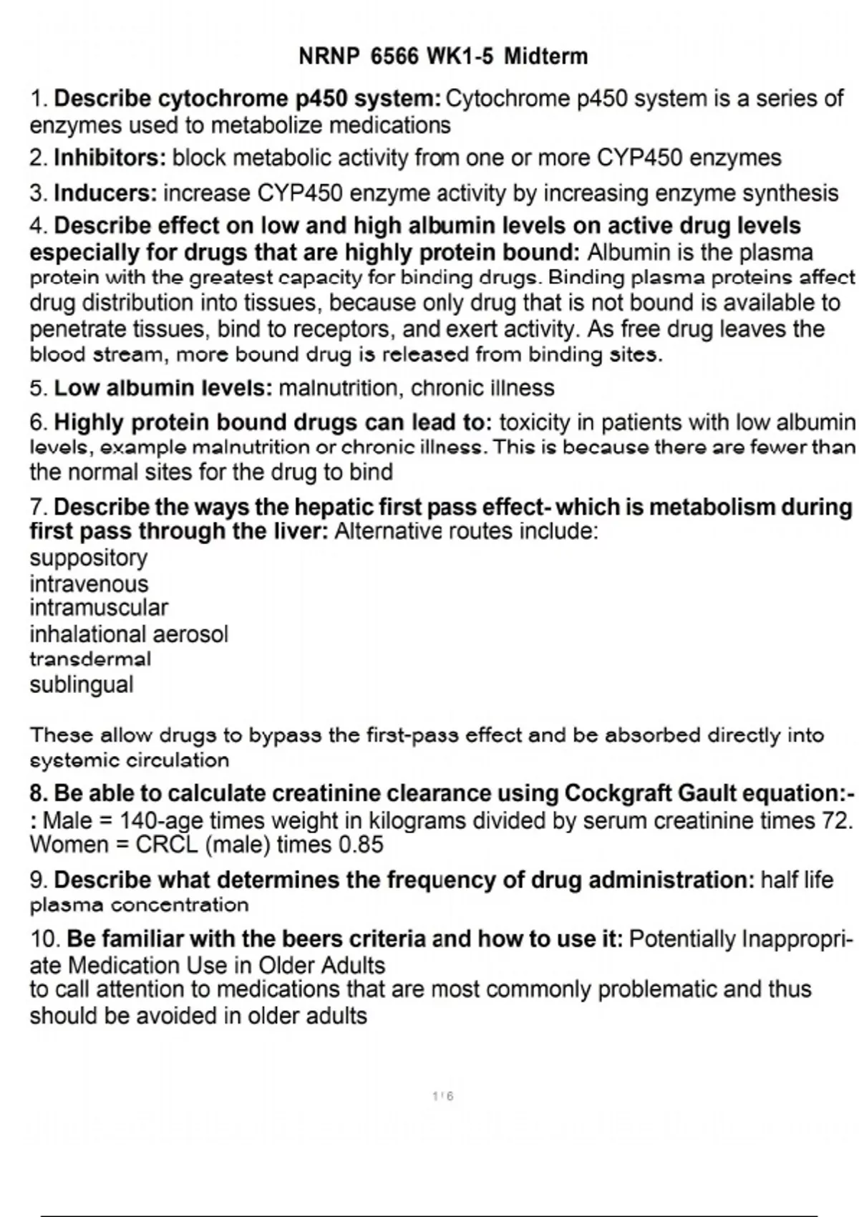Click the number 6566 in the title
[x=394, y=57]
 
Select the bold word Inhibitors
[x=110, y=157]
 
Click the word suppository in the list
[x=88, y=558]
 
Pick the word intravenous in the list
[x=89, y=583]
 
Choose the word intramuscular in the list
[x=99, y=608]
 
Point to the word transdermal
[x=90, y=659]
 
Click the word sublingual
[x=82, y=684]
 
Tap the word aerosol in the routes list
[x=190, y=634]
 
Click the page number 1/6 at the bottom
[x=443, y=1096]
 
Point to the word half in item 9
[x=781, y=879]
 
